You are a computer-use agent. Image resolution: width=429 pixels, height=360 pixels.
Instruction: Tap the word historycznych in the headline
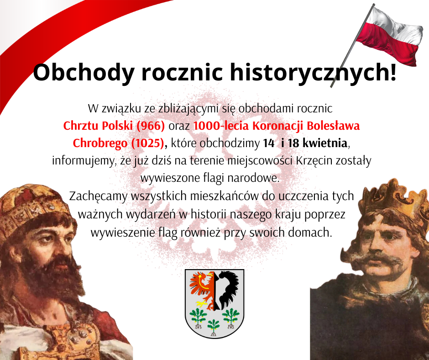tap(309, 72)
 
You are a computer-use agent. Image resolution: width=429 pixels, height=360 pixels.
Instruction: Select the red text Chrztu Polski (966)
tap(114, 126)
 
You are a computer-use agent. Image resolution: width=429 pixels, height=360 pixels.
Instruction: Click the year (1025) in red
tap(147, 143)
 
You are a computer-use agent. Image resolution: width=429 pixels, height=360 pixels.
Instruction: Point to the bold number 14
tap(269, 143)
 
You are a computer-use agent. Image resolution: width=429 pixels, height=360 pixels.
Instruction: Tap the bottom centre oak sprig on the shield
tap(214, 328)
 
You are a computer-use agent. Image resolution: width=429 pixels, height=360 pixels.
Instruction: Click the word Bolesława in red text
tap(333, 126)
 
